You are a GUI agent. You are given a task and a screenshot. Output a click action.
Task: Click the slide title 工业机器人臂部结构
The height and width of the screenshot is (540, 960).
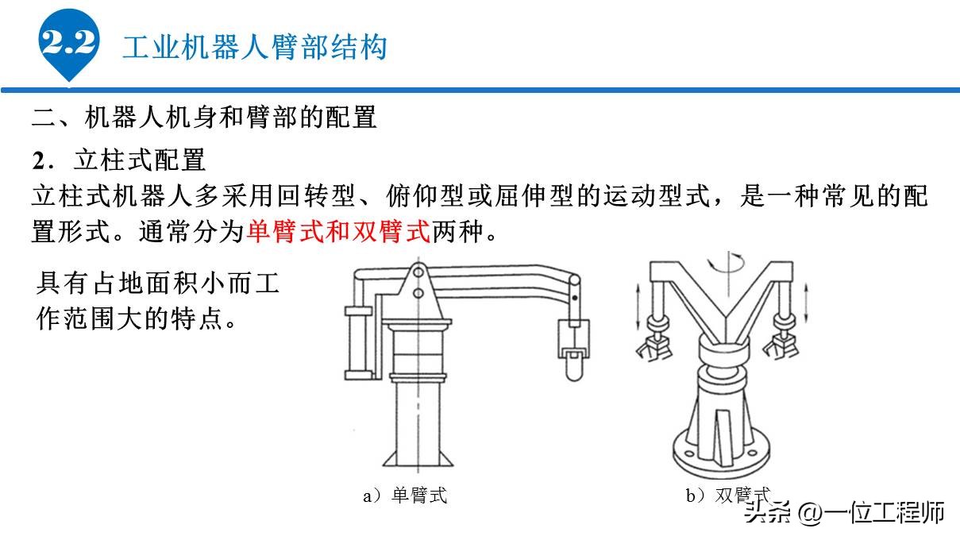pyautogui.click(x=254, y=47)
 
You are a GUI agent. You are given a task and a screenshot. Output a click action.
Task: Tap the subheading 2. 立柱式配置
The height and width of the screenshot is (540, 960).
pyautogui.click(x=119, y=160)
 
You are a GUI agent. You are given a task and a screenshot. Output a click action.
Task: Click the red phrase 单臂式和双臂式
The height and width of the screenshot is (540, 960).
pyautogui.click(x=338, y=231)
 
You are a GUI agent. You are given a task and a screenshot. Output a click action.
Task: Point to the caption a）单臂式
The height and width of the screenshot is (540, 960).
pyautogui.click(x=405, y=496)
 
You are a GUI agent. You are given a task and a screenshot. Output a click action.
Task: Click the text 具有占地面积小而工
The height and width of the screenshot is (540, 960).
pyautogui.click(x=159, y=282)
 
